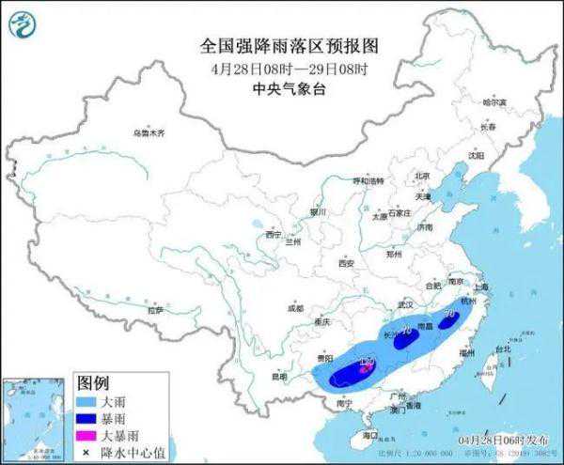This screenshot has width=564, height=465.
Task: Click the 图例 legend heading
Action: click(94, 384)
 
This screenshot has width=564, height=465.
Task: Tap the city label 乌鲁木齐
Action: click(148, 133)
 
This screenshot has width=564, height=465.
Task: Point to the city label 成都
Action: click(295, 307)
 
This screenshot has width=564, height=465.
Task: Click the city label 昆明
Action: click(279, 377)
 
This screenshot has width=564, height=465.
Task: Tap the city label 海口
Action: click(368, 436)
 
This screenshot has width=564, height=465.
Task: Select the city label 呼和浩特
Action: click(341, 180)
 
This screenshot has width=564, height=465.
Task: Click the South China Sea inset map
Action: click(37, 418)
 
